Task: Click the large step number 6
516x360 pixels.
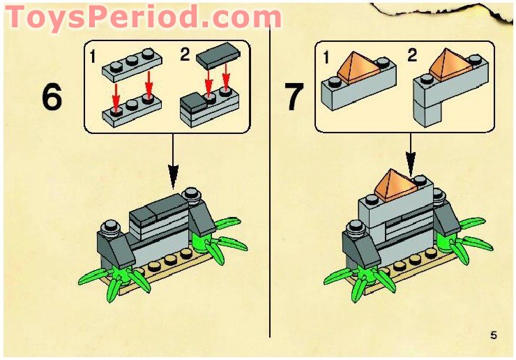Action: tap(52, 97)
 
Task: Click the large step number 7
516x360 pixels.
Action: tap(295, 97)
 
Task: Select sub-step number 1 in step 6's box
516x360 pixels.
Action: tap(93, 56)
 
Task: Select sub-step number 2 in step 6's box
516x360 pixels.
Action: tap(185, 54)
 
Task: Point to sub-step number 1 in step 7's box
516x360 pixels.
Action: tap(326, 57)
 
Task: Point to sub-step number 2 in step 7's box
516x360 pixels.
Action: tap(413, 54)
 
